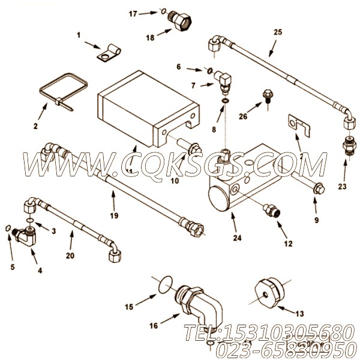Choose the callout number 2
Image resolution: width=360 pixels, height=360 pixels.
(x=35, y=127)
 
